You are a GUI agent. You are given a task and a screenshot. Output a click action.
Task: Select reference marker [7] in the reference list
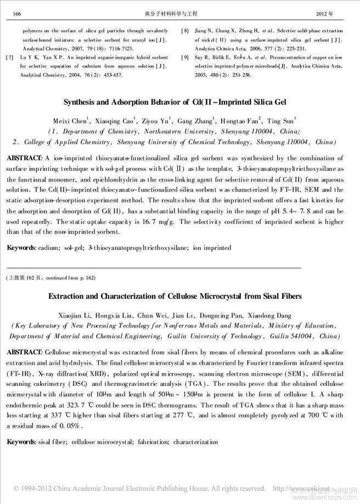(x=8, y=57)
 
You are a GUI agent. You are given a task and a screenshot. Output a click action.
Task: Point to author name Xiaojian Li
(x=74, y=315)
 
